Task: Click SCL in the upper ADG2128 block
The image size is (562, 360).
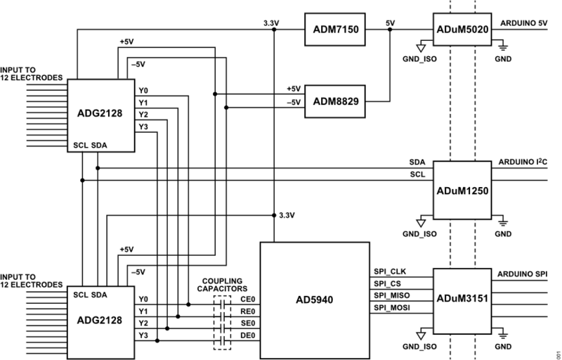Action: pyautogui.click(x=80, y=146)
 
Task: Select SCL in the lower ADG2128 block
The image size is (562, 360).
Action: pyautogui.click(x=80, y=293)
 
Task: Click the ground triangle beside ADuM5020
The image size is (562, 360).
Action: pyautogui.click(x=422, y=48)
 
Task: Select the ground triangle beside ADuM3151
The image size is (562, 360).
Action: pyautogui.click(x=422, y=333)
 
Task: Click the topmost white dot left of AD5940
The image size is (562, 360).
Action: pyautogui.click(x=223, y=304)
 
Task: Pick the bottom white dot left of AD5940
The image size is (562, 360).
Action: pyautogui.click(x=223, y=342)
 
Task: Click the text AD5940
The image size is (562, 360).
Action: pyautogui.click(x=315, y=300)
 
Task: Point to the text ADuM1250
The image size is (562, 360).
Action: pyautogui.click(x=462, y=190)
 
